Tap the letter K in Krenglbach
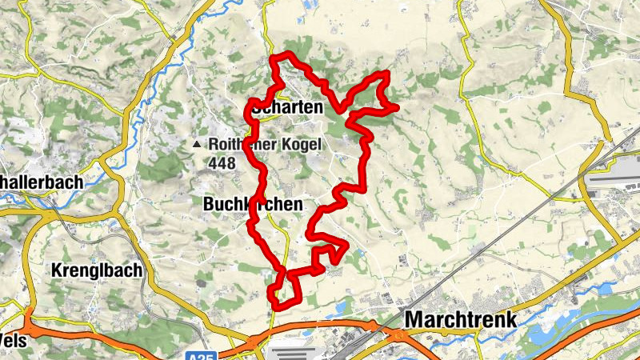click(57, 270)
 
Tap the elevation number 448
click(221, 163)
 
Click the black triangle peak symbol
click(196, 145)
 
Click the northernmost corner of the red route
click(278, 55)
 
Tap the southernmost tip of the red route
click(277, 307)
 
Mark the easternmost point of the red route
click(397, 106)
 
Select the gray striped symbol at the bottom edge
click(289, 353)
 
